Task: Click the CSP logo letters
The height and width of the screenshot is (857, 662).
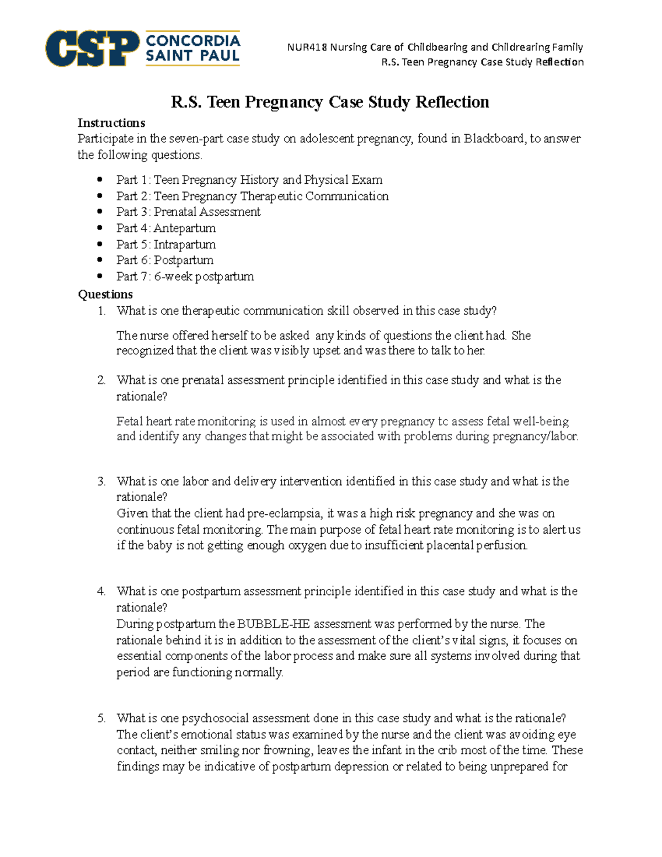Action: pos(92,49)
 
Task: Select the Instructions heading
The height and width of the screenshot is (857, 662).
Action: pos(111,123)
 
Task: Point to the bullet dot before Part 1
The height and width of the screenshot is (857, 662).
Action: pos(100,180)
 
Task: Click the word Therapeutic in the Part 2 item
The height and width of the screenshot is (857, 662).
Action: pos(271,196)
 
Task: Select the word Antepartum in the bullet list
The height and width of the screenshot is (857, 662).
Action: pos(184,228)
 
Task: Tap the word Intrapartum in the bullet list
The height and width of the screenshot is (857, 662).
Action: pos(184,244)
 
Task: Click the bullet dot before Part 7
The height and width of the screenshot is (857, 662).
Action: pos(100,276)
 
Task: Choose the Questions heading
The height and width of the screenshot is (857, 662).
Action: pos(105,294)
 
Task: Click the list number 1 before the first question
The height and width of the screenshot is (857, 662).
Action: pos(101,311)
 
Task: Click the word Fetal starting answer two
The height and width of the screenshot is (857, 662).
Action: pos(130,421)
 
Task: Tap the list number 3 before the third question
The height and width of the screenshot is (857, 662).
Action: pos(101,481)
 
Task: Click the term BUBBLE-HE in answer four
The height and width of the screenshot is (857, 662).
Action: pos(273,624)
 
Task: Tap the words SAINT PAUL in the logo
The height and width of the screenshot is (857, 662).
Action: pos(193,56)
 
